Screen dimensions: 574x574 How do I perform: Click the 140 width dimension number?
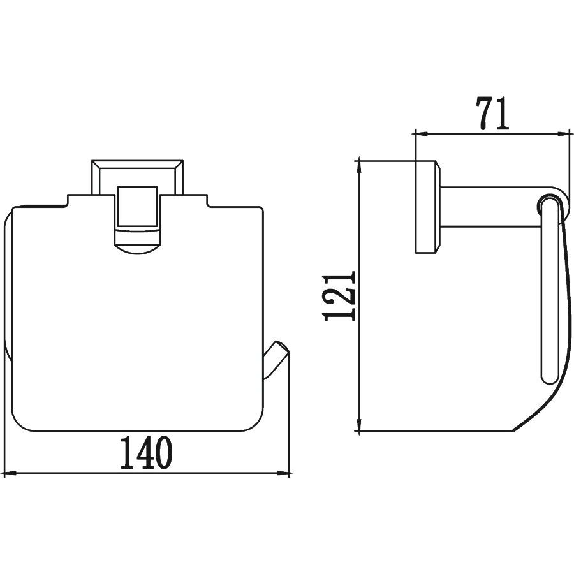click(147, 453)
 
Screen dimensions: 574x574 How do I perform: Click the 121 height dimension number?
click(340, 296)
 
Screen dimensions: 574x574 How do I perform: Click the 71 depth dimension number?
click(492, 113)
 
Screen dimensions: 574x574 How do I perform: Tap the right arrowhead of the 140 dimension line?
click(284, 474)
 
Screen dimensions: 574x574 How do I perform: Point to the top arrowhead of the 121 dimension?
click(360, 167)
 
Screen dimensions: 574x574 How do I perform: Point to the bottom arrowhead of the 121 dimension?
click(360, 424)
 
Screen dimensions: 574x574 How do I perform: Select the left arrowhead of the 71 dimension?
click(421, 134)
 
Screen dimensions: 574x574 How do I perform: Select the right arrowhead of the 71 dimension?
click(564, 134)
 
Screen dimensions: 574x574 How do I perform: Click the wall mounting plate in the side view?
click(427, 207)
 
